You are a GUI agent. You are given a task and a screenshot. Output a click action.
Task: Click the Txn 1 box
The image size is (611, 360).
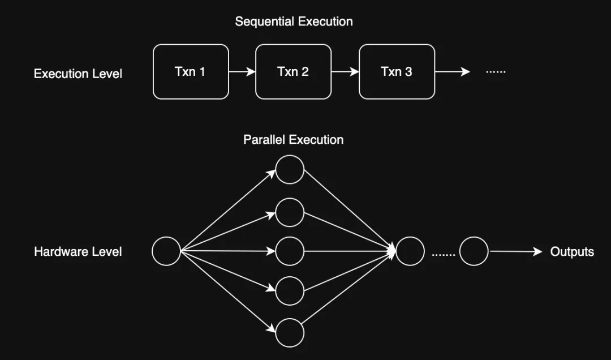point(191,72)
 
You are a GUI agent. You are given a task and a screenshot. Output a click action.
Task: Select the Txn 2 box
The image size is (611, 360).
point(293,72)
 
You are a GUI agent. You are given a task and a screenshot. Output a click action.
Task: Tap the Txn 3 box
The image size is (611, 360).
point(397,72)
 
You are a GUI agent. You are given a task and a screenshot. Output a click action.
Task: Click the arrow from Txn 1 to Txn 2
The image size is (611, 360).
point(242,72)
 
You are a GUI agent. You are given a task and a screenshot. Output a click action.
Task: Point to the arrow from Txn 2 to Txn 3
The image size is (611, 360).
point(345,72)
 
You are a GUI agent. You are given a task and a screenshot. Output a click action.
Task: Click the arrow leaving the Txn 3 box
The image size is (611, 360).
point(452,72)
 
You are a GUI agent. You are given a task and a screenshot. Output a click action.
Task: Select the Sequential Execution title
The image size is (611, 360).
point(294,22)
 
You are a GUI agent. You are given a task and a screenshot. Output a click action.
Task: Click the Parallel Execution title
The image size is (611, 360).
point(293,139)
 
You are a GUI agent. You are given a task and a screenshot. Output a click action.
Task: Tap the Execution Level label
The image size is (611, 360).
point(78,74)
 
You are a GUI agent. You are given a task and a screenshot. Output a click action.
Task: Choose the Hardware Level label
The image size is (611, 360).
point(78,251)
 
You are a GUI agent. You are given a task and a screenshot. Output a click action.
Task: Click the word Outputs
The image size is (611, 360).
point(572,251)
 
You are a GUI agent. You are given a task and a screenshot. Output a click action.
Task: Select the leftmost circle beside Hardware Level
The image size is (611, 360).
point(166,251)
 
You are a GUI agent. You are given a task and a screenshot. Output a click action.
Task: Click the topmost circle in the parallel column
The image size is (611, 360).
point(290,169)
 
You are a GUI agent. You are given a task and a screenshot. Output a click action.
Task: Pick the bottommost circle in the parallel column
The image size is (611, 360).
point(290,332)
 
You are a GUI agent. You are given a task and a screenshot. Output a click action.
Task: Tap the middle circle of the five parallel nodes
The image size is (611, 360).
point(290,251)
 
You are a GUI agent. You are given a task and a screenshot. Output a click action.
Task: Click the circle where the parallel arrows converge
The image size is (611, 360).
point(410,251)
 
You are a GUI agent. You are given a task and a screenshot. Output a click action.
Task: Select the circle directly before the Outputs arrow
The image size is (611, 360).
point(474,251)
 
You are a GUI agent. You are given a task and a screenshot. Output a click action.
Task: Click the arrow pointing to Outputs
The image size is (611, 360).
point(515,251)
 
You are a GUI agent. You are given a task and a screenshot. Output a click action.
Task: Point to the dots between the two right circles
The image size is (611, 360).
point(443,254)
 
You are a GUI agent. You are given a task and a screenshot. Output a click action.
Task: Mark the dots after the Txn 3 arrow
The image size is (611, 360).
point(496,72)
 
